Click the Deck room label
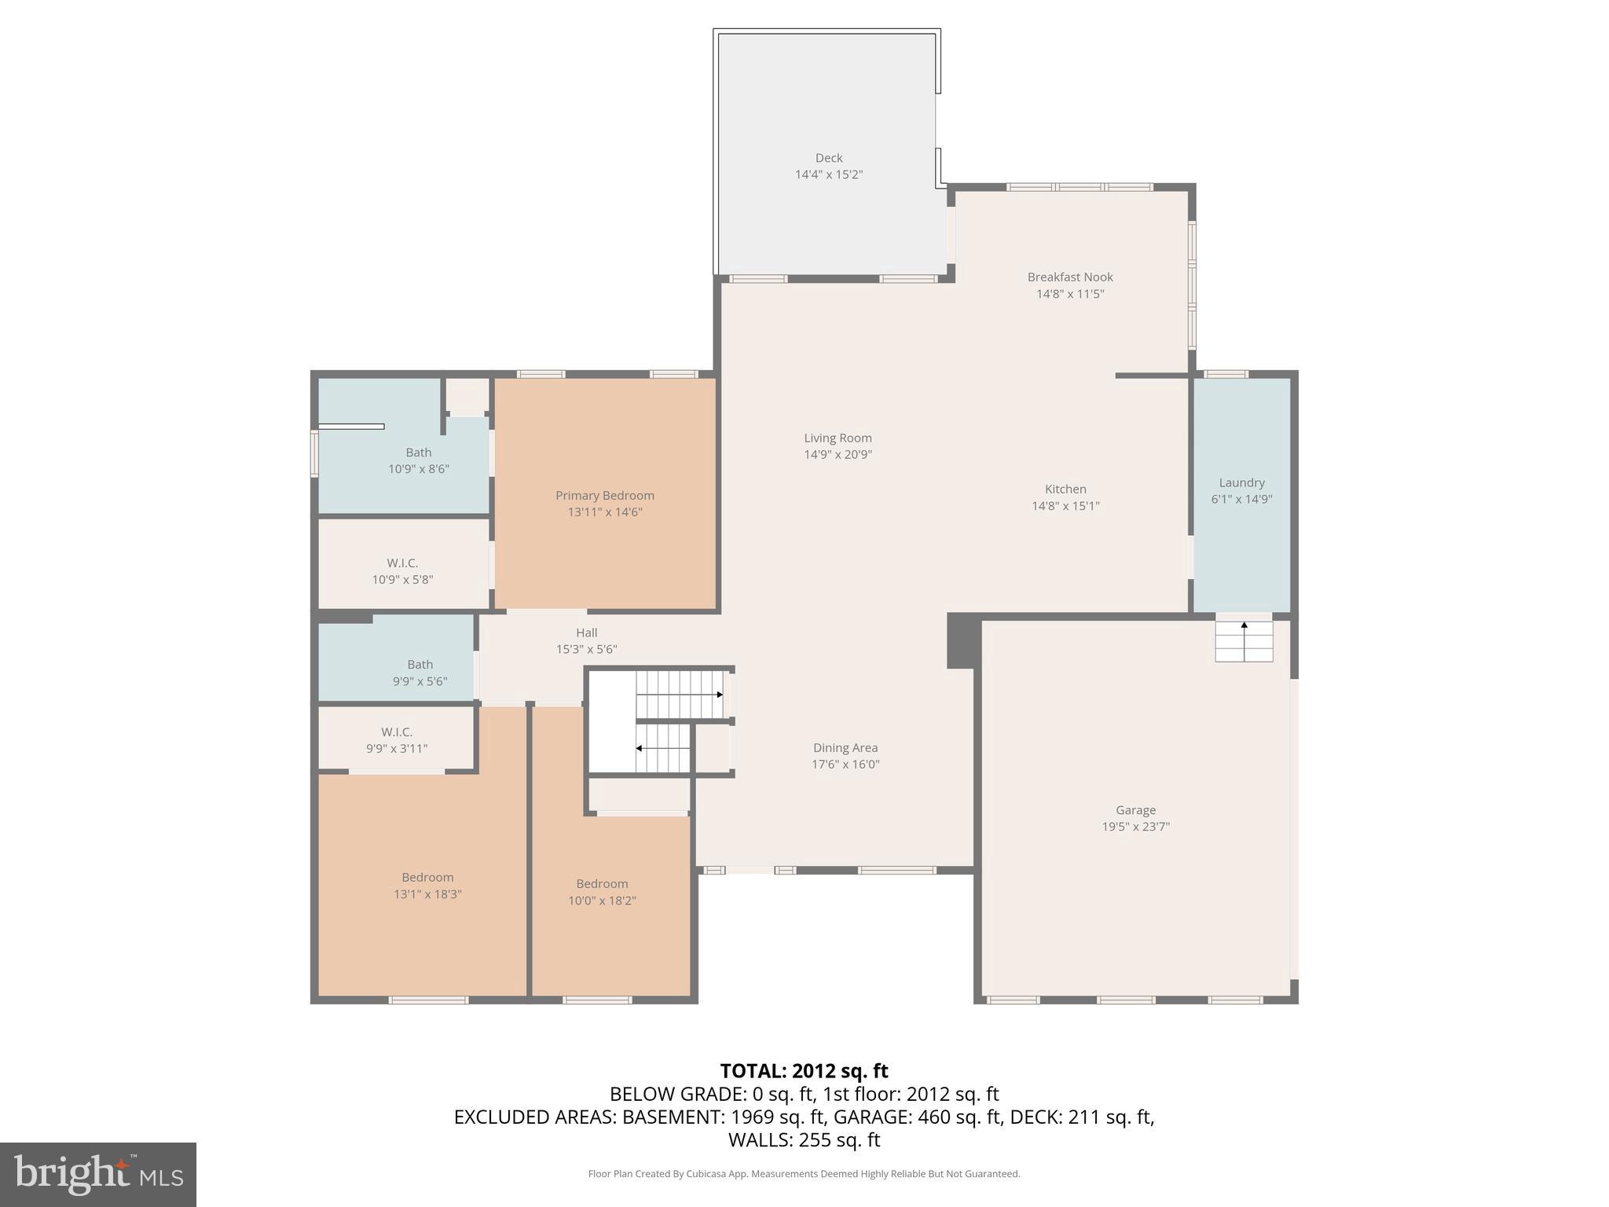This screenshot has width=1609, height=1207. [828, 158]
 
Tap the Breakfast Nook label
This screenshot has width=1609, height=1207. [1069, 277]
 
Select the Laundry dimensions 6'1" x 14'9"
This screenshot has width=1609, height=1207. [1241, 500]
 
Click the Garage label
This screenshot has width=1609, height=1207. [1135, 810]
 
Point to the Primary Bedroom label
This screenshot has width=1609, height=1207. [604, 496]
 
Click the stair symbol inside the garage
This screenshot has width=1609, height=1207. [1244, 640]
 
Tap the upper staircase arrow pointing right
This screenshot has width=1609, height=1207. [718, 695]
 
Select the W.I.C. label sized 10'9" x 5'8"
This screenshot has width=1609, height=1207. [402, 563]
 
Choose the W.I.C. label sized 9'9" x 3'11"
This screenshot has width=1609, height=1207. [397, 732]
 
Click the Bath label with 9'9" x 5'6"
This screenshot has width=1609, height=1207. [420, 665]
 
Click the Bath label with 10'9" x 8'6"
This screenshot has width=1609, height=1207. [418, 453]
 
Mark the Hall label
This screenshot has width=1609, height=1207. [586, 633]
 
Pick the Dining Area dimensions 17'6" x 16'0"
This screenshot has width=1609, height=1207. [845, 765]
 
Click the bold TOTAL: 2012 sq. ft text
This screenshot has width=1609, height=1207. [804, 1071]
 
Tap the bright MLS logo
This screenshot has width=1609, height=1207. [98, 1174]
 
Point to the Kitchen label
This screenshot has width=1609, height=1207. [1065, 490]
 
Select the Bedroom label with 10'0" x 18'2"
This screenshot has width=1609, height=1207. [602, 884]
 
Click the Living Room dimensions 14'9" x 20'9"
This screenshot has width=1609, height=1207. [837, 455]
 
